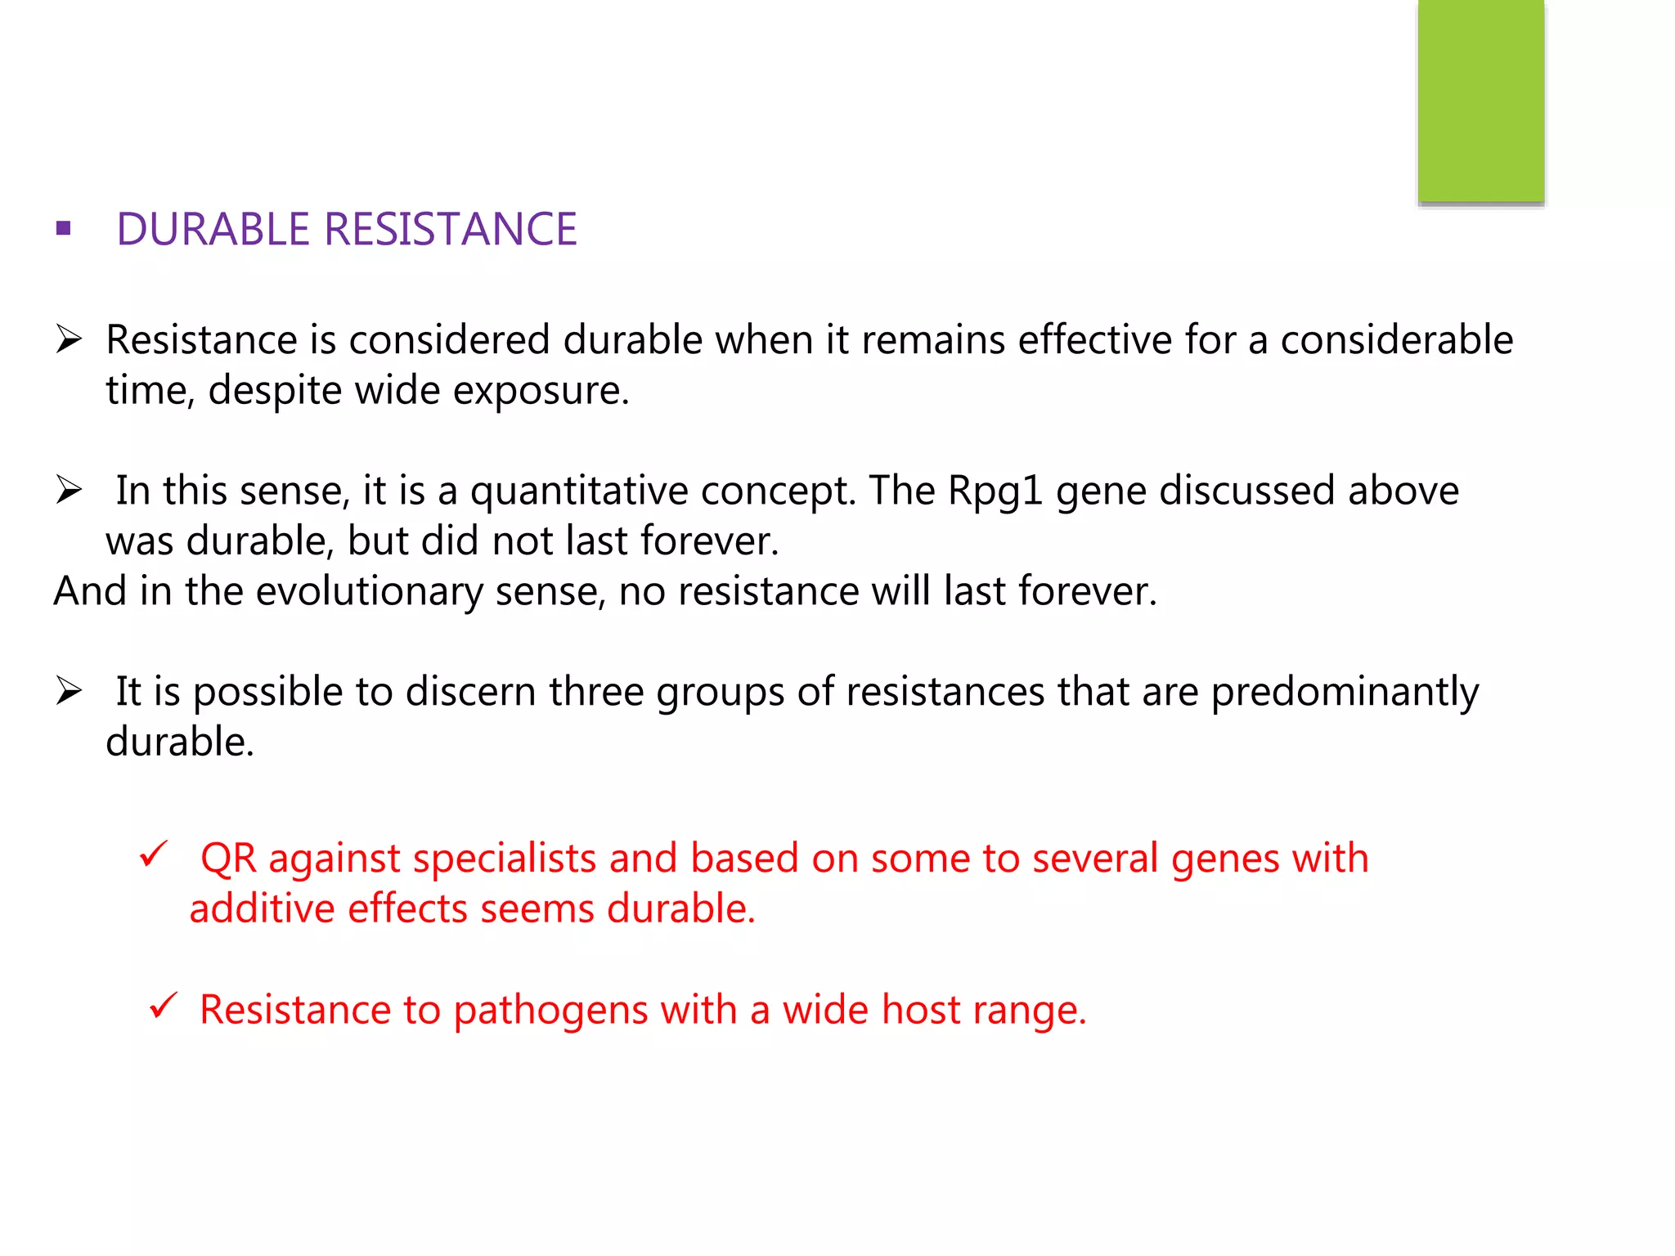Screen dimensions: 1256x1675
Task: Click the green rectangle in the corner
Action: [1480, 100]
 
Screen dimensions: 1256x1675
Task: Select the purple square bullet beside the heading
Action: [64, 228]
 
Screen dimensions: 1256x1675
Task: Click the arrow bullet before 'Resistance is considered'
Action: [69, 339]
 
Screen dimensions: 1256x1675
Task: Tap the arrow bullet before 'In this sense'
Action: [69, 490]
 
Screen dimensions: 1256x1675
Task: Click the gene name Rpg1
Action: [995, 491]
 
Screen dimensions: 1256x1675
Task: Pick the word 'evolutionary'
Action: [369, 592]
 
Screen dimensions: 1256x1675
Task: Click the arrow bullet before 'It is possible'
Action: [69, 691]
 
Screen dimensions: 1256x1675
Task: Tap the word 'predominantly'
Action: [1344, 693]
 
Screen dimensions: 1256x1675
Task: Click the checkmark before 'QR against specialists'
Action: [154, 855]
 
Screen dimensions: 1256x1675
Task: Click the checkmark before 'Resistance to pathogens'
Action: [164, 1006]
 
